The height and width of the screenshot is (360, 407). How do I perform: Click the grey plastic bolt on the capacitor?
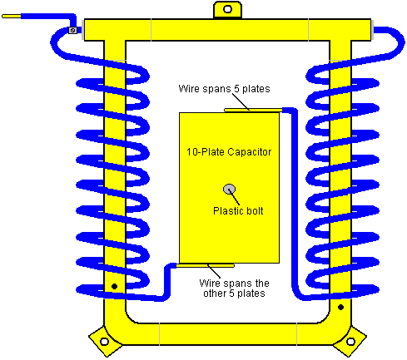coord(229,190)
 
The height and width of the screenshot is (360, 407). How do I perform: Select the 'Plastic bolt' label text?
coord(238,211)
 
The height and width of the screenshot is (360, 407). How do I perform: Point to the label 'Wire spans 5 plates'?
coord(224,89)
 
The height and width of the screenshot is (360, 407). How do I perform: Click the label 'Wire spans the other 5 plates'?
coord(234,288)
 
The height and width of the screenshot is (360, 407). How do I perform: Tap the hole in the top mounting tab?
coord(227,9)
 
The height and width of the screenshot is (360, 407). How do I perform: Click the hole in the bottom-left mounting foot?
coord(104,341)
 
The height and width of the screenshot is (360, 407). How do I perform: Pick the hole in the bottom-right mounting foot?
coord(350,342)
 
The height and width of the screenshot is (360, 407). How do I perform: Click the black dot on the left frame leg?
coord(114,286)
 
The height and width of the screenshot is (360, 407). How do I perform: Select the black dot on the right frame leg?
coord(340,307)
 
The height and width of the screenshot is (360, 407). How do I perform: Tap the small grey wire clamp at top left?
coord(72,30)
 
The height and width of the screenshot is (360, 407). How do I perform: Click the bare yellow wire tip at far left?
coord(12,17)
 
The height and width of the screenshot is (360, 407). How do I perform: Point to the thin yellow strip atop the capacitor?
coord(253,111)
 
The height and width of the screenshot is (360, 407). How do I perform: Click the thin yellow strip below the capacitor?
coord(206,265)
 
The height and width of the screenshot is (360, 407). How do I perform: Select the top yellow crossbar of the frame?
coord(227,30)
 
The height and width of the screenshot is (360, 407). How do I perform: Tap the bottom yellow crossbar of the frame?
coord(228,334)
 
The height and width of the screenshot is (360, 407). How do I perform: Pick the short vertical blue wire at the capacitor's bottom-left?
coord(167,281)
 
